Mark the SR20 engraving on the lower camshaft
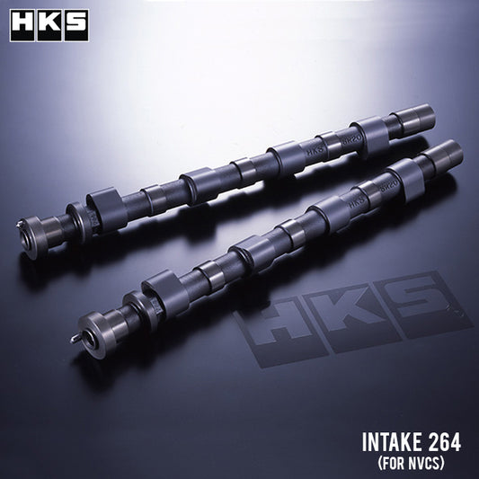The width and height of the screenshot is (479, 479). click(x=377, y=191)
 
